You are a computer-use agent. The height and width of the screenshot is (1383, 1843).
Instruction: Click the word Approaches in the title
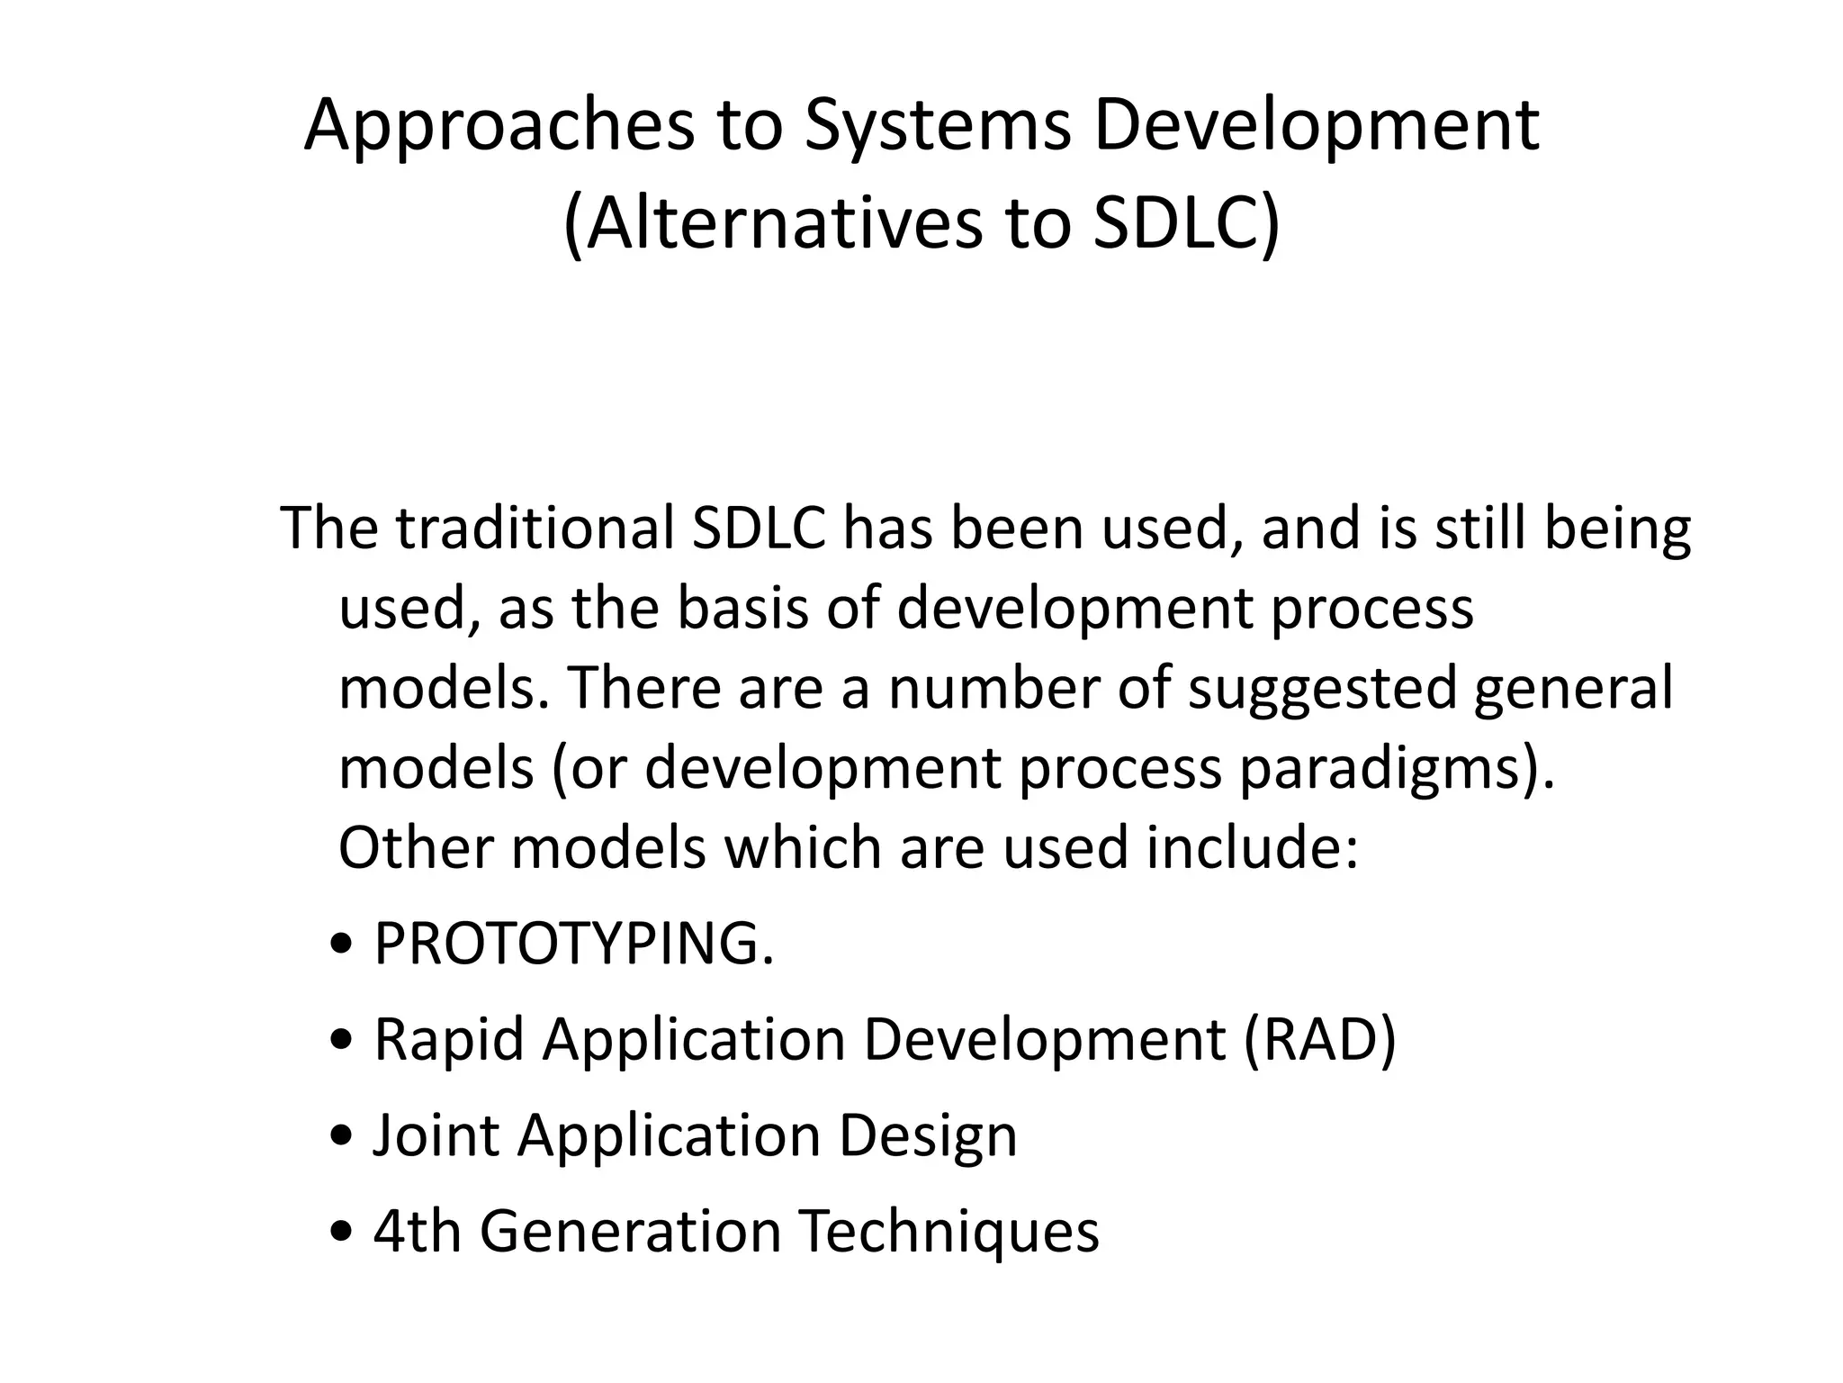[499, 126]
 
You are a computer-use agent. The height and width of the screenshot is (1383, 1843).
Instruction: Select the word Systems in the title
[937, 126]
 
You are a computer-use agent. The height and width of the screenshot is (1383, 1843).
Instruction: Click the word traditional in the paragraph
[535, 529]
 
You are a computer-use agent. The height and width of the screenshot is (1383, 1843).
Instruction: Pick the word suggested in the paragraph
[1322, 688]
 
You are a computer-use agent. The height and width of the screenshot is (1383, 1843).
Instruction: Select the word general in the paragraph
[1574, 688]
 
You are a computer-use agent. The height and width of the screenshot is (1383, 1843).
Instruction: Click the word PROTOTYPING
[572, 945]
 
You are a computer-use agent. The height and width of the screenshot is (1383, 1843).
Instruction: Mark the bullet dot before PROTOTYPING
[342, 947]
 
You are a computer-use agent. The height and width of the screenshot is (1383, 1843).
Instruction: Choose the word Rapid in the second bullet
[448, 1040]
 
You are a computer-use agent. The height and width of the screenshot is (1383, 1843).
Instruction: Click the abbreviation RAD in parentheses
[1319, 1040]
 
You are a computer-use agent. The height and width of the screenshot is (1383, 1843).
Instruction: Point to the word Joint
[436, 1135]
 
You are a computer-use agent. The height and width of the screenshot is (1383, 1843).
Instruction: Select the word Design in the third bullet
[928, 1135]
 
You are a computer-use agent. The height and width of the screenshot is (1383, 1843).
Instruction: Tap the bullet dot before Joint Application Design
[342, 1138]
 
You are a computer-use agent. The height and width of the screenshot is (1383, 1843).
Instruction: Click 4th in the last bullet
[417, 1231]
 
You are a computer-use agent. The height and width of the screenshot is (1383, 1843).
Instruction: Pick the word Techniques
[949, 1231]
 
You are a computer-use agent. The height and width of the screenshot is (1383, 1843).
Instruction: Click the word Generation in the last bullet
[630, 1231]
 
